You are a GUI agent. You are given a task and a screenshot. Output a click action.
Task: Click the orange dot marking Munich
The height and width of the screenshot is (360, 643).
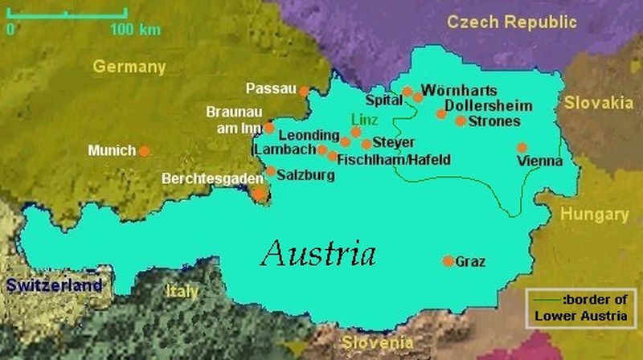coord(144,150)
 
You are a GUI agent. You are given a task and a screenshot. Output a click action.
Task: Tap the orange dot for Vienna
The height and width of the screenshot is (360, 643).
coord(522,148)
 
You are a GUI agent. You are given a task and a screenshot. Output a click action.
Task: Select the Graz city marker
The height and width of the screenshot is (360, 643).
coord(448,260)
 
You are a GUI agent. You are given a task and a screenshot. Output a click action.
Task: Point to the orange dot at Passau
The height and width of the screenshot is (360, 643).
coord(304,91)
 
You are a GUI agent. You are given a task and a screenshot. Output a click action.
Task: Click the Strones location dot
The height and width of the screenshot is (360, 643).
coord(461,121)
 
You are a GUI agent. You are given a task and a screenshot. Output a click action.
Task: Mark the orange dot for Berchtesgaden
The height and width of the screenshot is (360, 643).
coord(260,193)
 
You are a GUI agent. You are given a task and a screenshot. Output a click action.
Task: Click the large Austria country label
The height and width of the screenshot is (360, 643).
coord(318,254)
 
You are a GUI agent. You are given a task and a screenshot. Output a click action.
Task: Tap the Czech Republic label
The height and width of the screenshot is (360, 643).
coord(512,22)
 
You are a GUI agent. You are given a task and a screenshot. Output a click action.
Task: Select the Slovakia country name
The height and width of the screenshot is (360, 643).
coord(598,103)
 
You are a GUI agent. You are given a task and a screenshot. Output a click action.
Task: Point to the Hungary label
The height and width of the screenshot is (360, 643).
coord(595,215)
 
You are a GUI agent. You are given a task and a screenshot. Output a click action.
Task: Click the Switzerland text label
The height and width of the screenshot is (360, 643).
coord(54,285)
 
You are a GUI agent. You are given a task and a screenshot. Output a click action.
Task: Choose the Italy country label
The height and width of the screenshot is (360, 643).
coord(181,291)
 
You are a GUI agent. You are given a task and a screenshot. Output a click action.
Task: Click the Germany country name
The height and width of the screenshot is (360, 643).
coord(129,67)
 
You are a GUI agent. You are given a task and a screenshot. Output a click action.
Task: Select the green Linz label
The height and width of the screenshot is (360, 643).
coord(364,119)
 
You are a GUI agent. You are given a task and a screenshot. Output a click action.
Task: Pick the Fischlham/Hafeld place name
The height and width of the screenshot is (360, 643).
coord(394,160)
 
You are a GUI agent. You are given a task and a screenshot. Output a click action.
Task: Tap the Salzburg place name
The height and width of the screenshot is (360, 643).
coord(305,173)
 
